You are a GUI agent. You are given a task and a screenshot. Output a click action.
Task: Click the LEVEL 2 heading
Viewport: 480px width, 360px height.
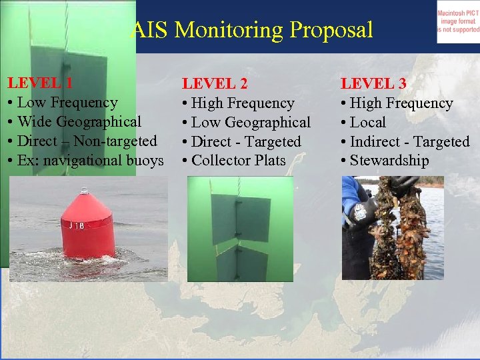[215, 84]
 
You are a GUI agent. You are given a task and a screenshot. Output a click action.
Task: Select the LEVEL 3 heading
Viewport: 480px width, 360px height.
[373, 84]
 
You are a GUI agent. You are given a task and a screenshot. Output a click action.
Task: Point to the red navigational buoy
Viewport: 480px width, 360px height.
[88, 223]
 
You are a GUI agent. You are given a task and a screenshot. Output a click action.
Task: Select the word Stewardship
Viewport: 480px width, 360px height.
[389, 161]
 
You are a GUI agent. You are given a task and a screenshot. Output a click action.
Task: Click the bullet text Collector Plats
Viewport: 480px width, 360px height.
[238, 161]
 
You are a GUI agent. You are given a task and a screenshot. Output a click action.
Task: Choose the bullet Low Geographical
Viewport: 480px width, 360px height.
[251, 123]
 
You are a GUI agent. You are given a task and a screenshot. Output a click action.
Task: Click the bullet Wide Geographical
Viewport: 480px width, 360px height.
[79, 122]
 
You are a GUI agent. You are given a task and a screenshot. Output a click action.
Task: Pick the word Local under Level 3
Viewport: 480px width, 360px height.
[367, 123]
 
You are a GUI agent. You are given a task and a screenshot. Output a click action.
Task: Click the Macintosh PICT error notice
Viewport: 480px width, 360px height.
[457, 21]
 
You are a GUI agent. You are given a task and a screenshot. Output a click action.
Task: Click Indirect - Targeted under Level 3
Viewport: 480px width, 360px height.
[409, 142]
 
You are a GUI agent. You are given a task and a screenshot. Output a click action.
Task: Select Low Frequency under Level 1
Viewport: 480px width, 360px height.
[67, 103]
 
